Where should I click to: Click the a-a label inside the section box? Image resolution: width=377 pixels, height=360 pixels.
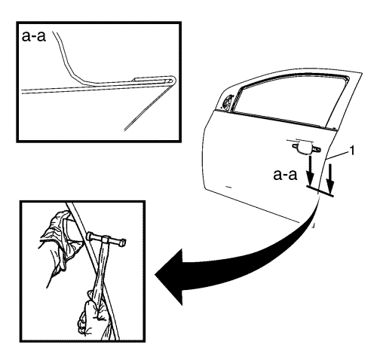click(x=34, y=36)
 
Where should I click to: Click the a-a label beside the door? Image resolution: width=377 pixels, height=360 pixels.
click(x=285, y=175)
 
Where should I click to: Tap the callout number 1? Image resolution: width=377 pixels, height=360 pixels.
click(x=352, y=151)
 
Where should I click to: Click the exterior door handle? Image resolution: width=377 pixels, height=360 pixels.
click(x=306, y=148)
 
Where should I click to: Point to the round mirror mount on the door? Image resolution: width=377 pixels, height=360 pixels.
click(x=228, y=102)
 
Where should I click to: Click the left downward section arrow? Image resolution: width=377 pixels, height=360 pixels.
click(x=310, y=170)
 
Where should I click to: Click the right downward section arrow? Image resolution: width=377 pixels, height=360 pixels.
click(x=330, y=178)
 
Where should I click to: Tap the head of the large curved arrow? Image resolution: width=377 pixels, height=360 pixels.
click(x=168, y=276)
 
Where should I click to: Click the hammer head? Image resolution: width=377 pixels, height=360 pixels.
click(x=106, y=239)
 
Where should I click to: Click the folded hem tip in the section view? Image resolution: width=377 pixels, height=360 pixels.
click(x=174, y=81)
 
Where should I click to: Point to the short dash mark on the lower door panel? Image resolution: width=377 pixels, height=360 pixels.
click(x=228, y=187)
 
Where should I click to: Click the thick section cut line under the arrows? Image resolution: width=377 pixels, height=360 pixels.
click(x=320, y=191)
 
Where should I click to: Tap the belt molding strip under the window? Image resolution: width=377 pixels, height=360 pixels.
click(x=274, y=119)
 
